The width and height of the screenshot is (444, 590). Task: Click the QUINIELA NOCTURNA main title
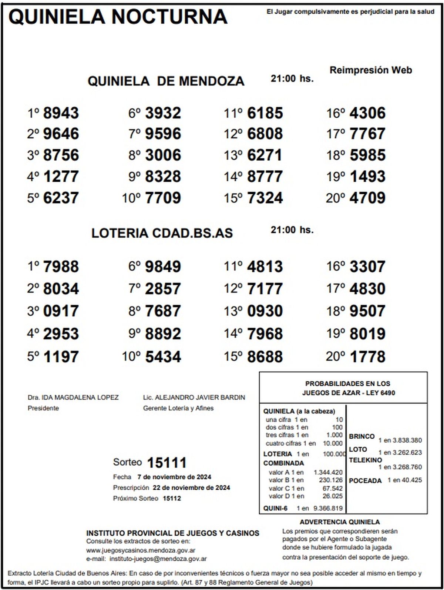coord(118,17)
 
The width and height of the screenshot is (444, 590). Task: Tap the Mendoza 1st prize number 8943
coord(61,113)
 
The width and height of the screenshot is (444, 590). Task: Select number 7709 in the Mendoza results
coord(163,198)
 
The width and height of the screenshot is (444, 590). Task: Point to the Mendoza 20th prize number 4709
coord(367,198)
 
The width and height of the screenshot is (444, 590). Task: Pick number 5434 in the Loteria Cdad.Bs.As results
coord(163,357)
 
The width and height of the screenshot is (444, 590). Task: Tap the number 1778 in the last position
coord(367,357)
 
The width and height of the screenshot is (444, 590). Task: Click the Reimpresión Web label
coord(371,70)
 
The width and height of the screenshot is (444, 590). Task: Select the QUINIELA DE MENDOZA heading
coord(166,81)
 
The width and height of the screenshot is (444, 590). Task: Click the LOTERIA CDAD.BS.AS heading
coord(162,233)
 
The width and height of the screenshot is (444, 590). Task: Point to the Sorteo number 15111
coord(166,462)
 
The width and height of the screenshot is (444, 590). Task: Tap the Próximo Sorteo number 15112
coord(172,498)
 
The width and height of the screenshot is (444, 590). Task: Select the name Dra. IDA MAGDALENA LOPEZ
coord(73,398)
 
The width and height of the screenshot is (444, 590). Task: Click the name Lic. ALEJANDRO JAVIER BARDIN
coord(194,398)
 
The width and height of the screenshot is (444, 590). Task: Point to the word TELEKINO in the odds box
coord(365,460)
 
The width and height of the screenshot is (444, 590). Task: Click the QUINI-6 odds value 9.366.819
coord(328,509)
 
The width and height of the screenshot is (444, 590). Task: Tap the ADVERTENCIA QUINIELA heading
coord(340,522)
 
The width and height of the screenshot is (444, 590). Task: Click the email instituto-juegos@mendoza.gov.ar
coord(158,559)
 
